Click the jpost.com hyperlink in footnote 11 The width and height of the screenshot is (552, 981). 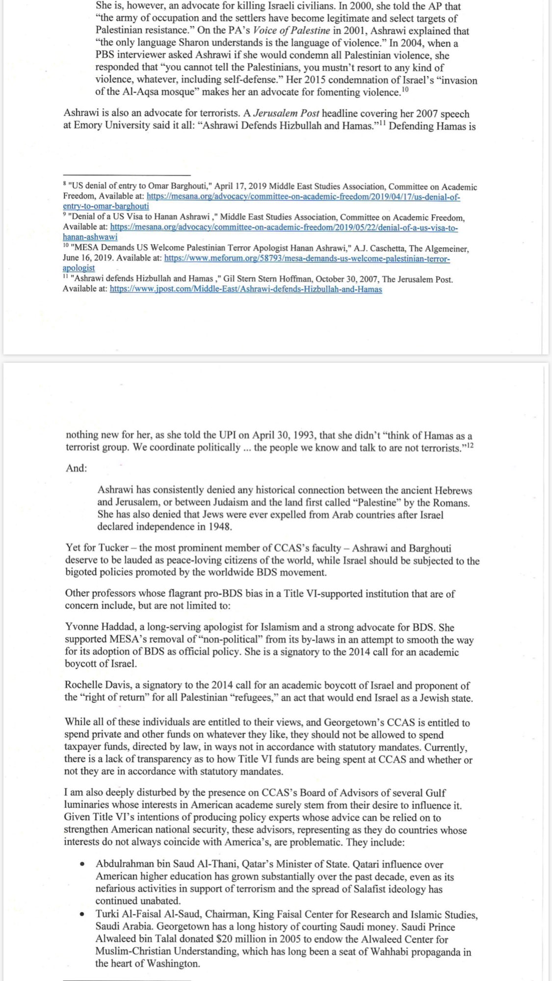tap(245, 289)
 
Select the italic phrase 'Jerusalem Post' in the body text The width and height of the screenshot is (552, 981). tap(286, 114)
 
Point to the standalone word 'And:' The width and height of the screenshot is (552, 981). tap(76, 468)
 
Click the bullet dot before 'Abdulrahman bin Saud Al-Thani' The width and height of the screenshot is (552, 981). tap(83, 865)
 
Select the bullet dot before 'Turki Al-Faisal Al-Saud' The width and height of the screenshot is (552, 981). tap(83, 915)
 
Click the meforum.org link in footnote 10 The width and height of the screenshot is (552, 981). tap(307, 258)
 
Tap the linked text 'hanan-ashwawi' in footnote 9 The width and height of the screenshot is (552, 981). tap(90, 237)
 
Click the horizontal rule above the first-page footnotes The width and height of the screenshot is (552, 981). tap(127, 175)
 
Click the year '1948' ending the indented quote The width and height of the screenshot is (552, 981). tap(219, 527)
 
